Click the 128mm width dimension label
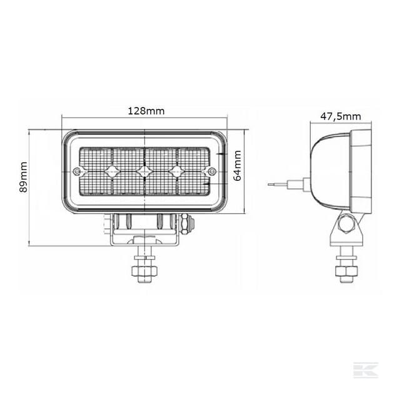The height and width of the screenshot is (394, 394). pyautogui.click(x=146, y=111)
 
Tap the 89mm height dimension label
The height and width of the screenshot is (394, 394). pyautogui.click(x=23, y=177)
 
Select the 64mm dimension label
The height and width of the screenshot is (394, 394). pyautogui.click(x=237, y=166)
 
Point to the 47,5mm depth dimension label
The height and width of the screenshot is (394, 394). pyautogui.click(x=340, y=116)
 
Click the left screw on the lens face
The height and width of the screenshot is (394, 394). pyautogui.click(x=76, y=171)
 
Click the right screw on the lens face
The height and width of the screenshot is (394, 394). pyautogui.click(x=213, y=171)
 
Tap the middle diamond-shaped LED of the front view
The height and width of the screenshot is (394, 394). pyautogui.click(x=144, y=171)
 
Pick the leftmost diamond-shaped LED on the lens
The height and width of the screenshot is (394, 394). pyautogui.click(x=111, y=171)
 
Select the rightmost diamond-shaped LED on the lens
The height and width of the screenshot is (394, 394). pyautogui.click(x=176, y=171)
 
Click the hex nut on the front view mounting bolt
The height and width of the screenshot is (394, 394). pyautogui.click(x=144, y=271)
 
